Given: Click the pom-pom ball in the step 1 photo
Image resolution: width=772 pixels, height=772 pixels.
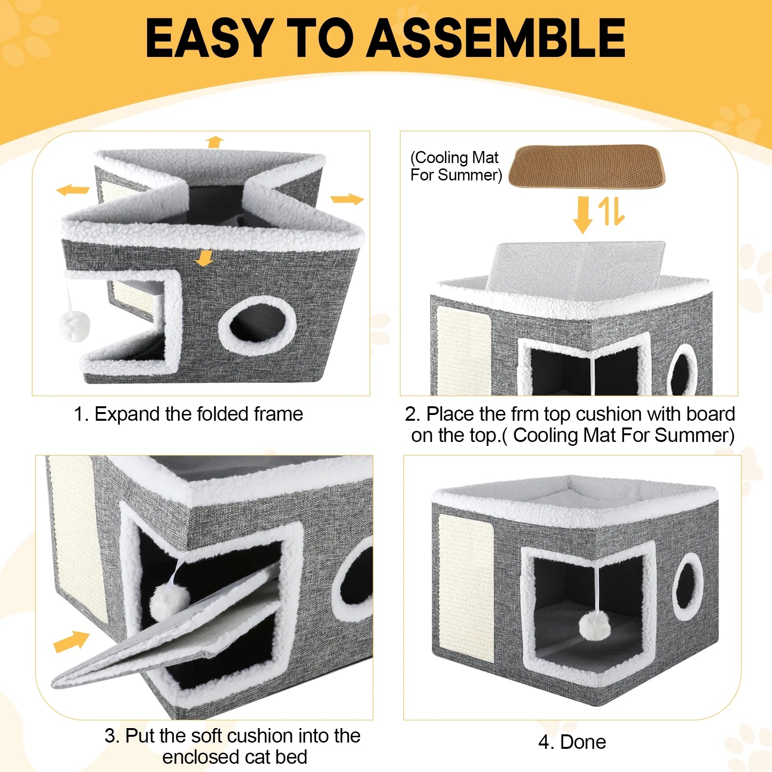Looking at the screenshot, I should click(75, 326).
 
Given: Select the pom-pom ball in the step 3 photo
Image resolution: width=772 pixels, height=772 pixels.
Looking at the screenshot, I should click(169, 601).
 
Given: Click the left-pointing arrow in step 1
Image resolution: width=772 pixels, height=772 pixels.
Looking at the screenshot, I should click(73, 190).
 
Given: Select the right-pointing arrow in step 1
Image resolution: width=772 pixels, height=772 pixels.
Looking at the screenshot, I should click(347, 199).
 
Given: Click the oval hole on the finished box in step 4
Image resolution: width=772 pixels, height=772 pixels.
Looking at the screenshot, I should click(688, 586).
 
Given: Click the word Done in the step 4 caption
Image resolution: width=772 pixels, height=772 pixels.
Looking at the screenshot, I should click(583, 742).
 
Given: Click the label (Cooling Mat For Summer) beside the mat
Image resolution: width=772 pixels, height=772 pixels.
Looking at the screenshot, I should click(455, 166).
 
